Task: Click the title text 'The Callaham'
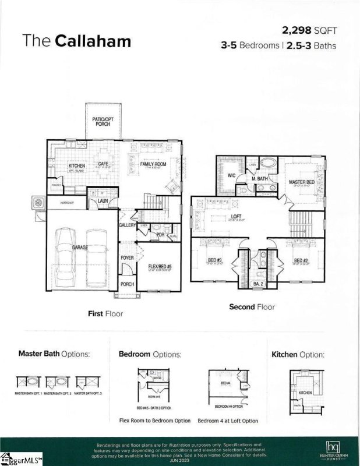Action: [77, 41]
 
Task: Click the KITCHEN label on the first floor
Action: [77, 165]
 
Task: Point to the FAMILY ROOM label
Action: [153, 164]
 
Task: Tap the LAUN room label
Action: [103, 201]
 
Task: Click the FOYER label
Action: [127, 257]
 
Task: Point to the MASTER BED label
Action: [302, 182]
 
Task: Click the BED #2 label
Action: [301, 260]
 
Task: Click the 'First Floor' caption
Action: [105, 313]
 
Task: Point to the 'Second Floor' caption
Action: [252, 306]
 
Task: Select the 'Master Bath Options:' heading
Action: [54, 353]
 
